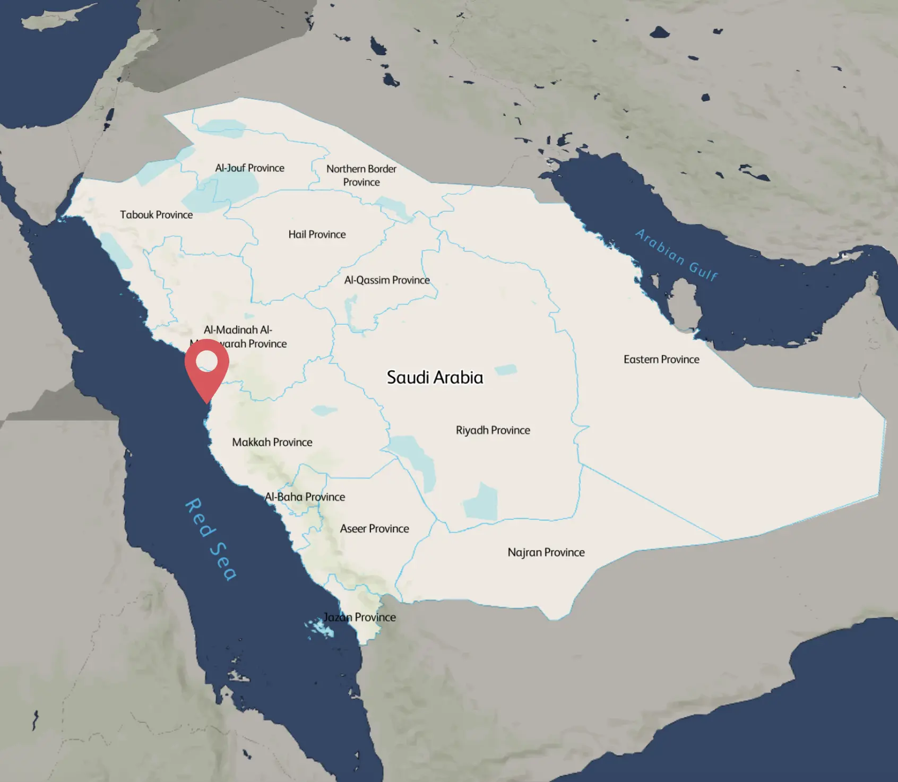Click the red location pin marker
(x=206, y=367)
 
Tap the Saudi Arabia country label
(x=435, y=377)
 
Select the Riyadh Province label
(x=493, y=430)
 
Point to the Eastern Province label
(x=661, y=359)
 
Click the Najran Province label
(x=546, y=552)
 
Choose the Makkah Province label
(x=272, y=442)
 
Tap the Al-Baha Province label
(x=305, y=497)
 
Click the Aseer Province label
(x=374, y=528)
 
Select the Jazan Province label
(x=360, y=617)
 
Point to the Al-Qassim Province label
(x=386, y=280)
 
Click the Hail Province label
(x=317, y=234)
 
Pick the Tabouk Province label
(x=156, y=214)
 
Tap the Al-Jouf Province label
(x=249, y=168)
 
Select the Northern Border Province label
(x=361, y=175)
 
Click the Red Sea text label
(x=210, y=539)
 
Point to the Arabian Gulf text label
(x=677, y=254)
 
